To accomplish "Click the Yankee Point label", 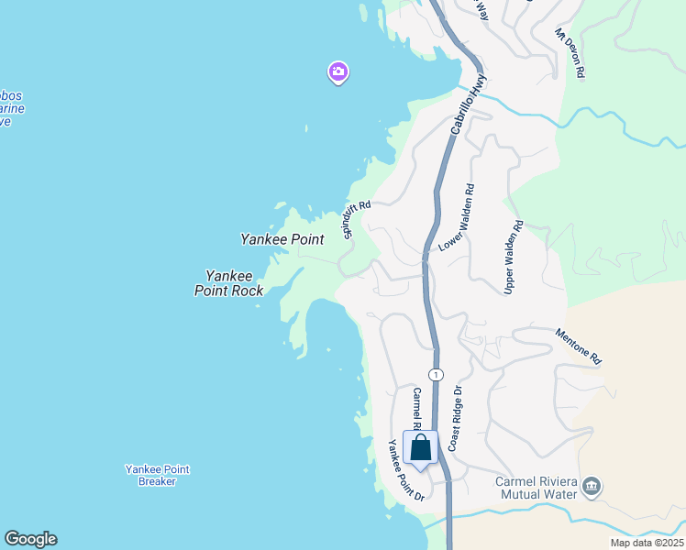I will point(282,239).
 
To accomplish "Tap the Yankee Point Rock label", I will point(229,282).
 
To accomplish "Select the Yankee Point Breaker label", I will point(157,475).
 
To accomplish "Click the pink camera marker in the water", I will point(338,71).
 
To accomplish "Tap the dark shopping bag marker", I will point(421,449).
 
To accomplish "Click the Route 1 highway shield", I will point(436,374).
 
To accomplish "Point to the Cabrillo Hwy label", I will point(466,107).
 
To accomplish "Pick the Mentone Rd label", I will point(578,347).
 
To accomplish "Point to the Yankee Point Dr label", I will point(404,470).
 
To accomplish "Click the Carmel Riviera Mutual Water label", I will point(537,488).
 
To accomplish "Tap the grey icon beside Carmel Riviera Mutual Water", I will point(592,486).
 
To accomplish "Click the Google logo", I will point(30,539).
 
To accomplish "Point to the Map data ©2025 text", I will point(647,543).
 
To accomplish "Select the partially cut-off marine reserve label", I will point(11,108).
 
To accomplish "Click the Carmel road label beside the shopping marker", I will point(415,409).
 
